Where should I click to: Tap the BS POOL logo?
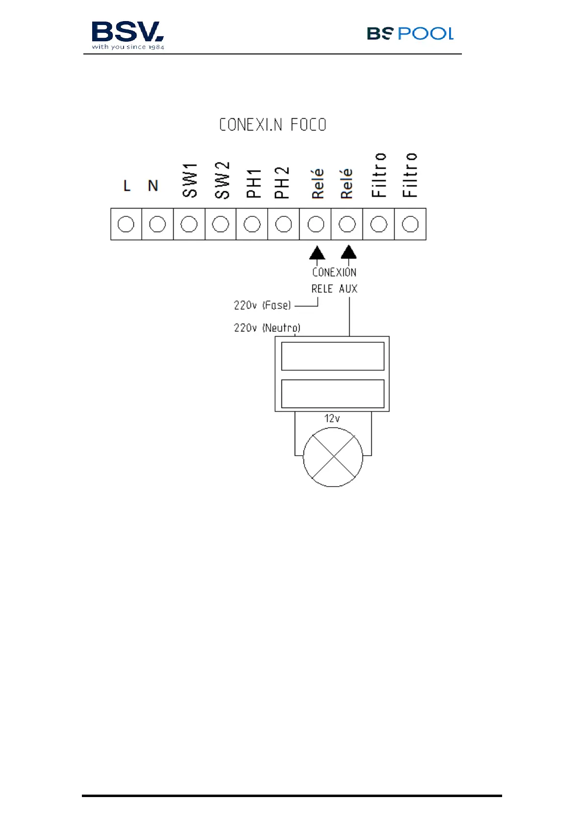click(410, 33)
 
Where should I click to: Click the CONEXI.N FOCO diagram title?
click(273, 125)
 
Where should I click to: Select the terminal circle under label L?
click(126, 224)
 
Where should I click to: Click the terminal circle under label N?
click(157, 224)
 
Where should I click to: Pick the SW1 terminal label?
click(190, 181)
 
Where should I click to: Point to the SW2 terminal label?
click(222, 181)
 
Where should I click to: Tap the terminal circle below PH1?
click(252, 224)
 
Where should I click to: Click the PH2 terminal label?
click(282, 183)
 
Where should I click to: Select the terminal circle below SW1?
click(189, 224)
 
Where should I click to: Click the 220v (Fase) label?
click(262, 305)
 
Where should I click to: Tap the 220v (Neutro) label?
click(267, 327)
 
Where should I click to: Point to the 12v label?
click(332, 418)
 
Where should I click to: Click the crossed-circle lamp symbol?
click(333, 457)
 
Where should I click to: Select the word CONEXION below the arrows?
click(334, 272)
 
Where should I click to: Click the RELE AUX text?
click(334, 289)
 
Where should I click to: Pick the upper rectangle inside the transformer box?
click(332, 356)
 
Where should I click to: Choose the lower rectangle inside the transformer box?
click(332, 393)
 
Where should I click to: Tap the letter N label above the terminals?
click(153, 186)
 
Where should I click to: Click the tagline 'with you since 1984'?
click(128, 47)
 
